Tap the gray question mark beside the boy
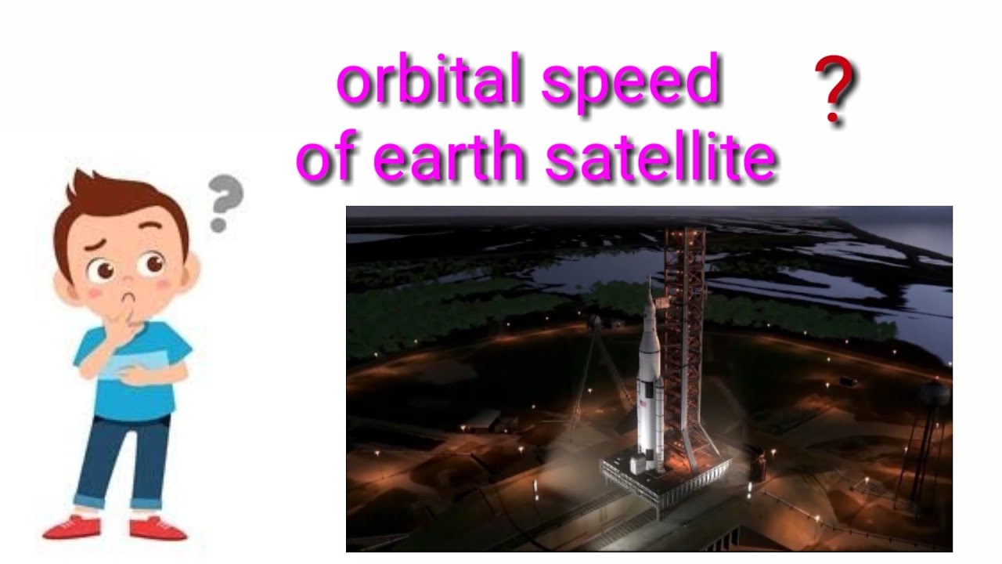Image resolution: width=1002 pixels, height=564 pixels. pos(225,202)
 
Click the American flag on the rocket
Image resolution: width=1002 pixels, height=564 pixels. pos(644,403)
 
